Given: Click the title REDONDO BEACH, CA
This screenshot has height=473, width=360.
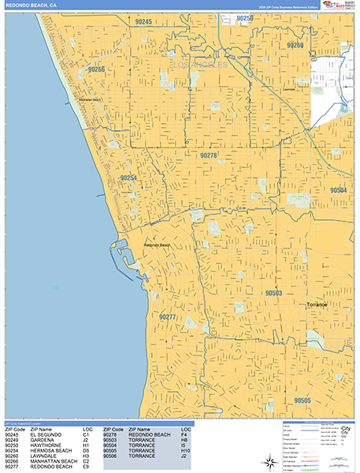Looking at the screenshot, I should pyautogui.click(x=31, y=6).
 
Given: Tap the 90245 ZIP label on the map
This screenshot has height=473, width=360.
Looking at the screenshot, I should pyautogui.click(x=143, y=22).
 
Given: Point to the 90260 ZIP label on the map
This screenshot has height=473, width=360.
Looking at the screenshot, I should pyautogui.click(x=295, y=46).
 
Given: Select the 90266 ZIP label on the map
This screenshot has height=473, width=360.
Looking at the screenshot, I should pyautogui.click(x=95, y=69).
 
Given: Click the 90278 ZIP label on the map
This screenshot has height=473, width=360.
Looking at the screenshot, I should pyautogui.click(x=208, y=155).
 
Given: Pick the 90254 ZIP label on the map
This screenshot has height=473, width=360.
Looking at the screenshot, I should pyautogui.click(x=128, y=178).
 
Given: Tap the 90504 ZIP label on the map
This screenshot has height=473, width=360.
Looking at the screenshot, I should pyautogui.click(x=338, y=190).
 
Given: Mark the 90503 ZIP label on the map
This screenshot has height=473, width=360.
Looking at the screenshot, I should pyautogui.click(x=274, y=293).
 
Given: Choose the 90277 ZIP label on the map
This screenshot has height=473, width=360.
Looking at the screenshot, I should pyautogui.click(x=167, y=317).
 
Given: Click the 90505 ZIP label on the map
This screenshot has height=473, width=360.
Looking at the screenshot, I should pyautogui.click(x=303, y=400).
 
